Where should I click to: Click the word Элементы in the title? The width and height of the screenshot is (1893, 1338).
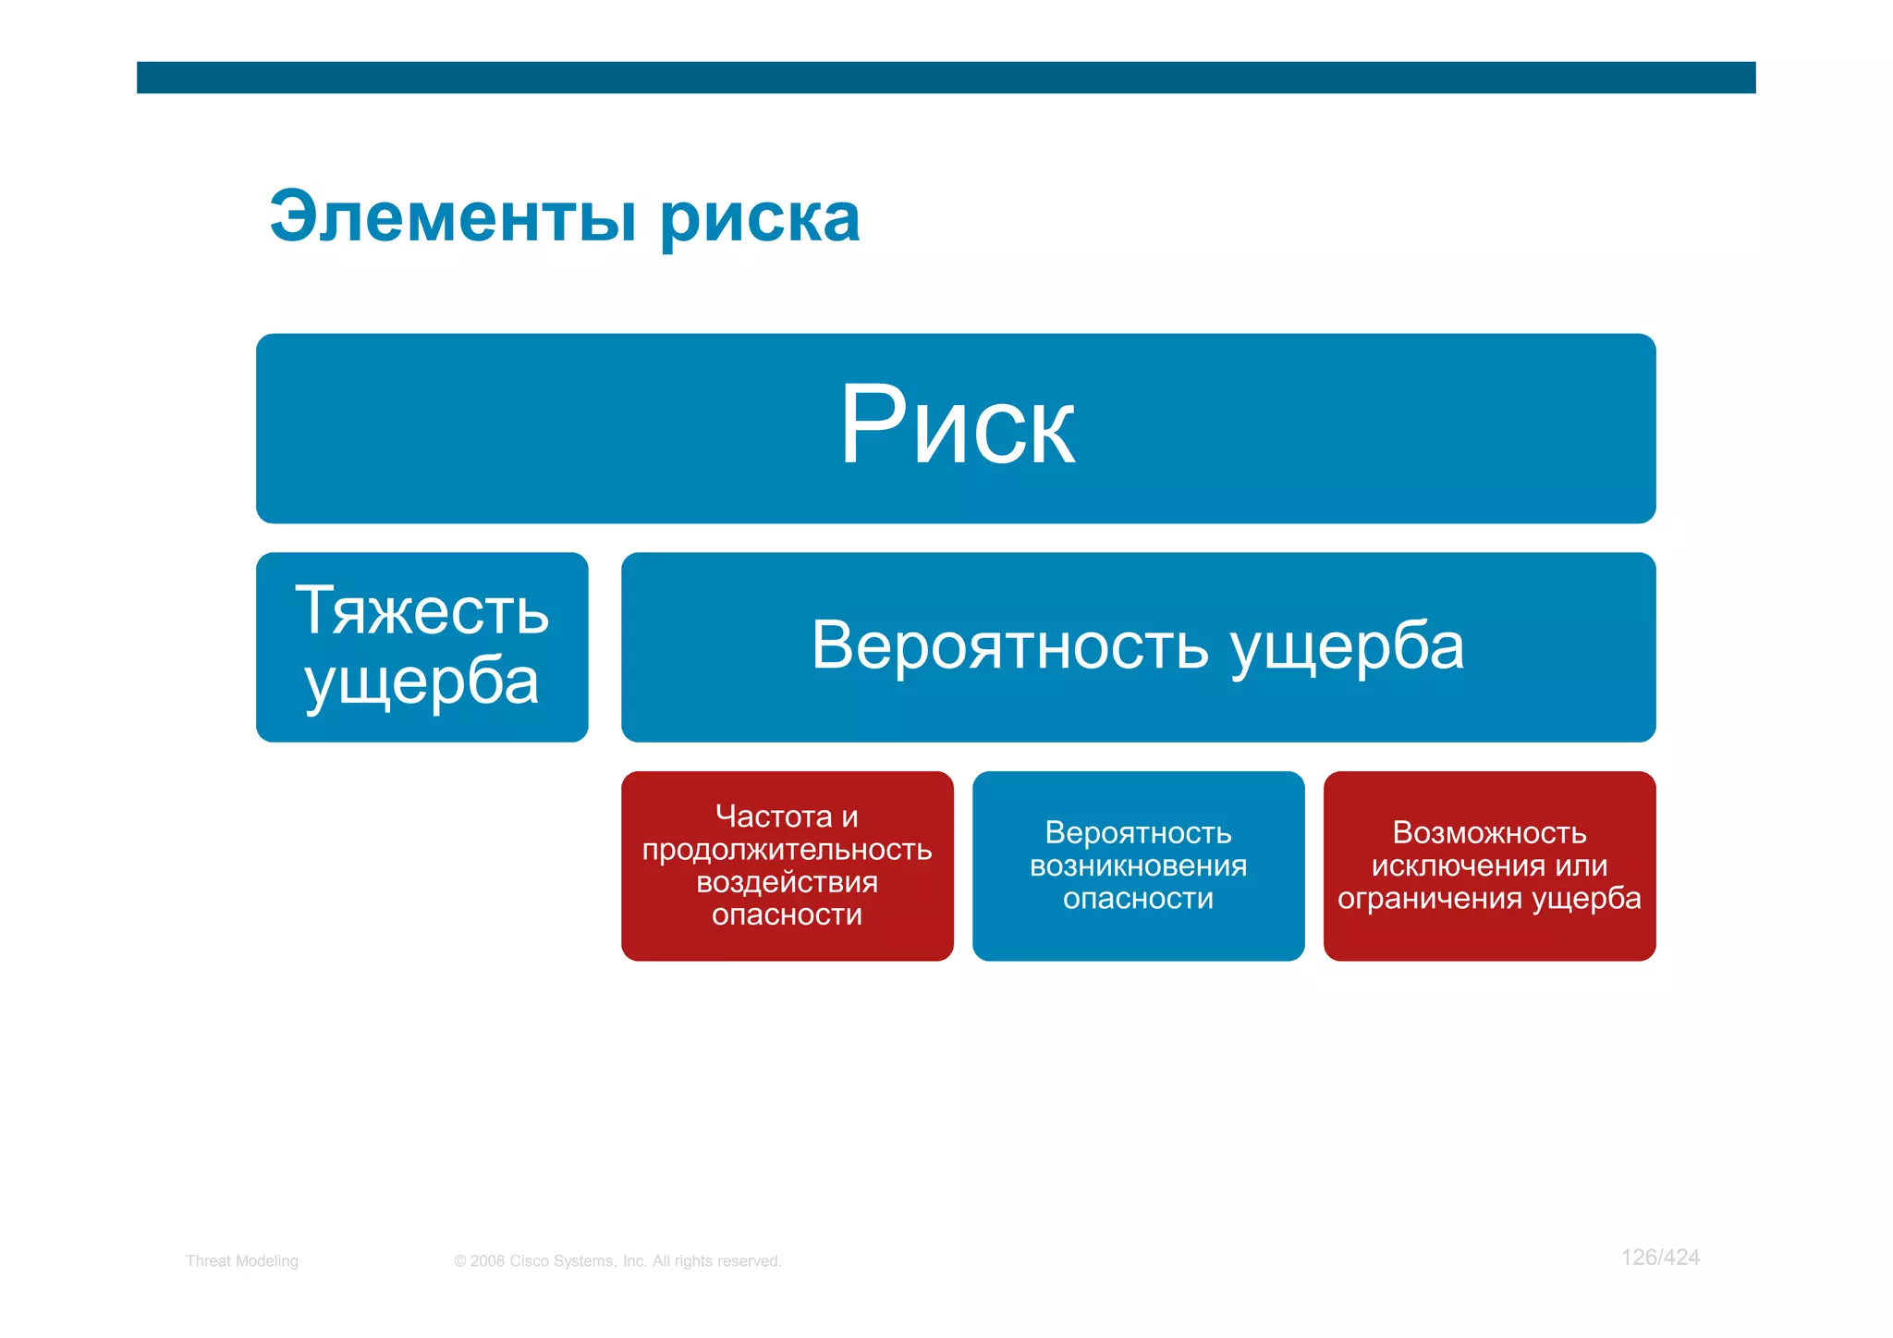tap(453, 218)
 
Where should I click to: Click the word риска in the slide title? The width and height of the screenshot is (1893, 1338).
tap(760, 220)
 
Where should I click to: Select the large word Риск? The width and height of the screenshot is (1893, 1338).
tap(957, 426)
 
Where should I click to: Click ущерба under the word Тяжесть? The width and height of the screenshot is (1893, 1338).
tap(421, 682)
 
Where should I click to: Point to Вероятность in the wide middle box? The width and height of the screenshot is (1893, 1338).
tap(1009, 645)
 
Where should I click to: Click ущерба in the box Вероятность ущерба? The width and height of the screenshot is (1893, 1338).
tap(1348, 647)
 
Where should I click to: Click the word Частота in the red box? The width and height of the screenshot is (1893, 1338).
tap(774, 816)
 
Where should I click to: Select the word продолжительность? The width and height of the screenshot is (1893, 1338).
tap(787, 849)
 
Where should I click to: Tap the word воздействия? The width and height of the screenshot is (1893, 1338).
tap(787, 881)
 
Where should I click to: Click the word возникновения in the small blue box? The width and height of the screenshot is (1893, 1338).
tap(1138, 865)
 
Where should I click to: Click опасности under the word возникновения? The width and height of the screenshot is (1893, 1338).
tap(1138, 898)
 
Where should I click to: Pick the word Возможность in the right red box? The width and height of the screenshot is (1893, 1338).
tap(1489, 832)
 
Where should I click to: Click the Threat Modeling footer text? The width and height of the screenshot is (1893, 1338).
tap(241, 1260)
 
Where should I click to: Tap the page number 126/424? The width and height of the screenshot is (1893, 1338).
tap(1660, 1257)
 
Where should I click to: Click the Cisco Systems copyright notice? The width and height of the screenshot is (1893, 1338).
tap(617, 1260)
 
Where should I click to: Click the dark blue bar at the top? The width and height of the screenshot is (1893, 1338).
tap(946, 78)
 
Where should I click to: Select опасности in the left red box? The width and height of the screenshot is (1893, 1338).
tap(787, 915)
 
